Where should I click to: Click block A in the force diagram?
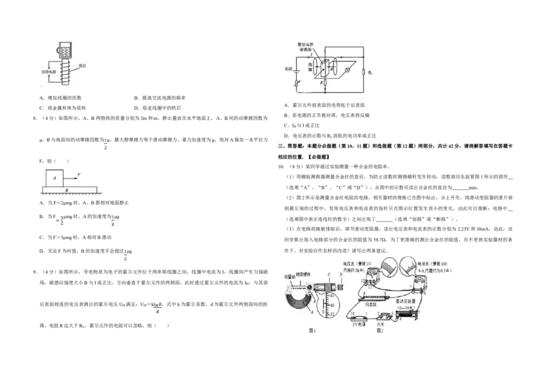coord(55,177)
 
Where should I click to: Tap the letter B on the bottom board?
coord(66,189)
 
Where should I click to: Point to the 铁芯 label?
coord(82,67)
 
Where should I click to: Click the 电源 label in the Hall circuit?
coord(288,69)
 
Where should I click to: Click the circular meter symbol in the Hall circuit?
coord(347,70)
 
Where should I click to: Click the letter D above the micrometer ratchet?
coord(341,275)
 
